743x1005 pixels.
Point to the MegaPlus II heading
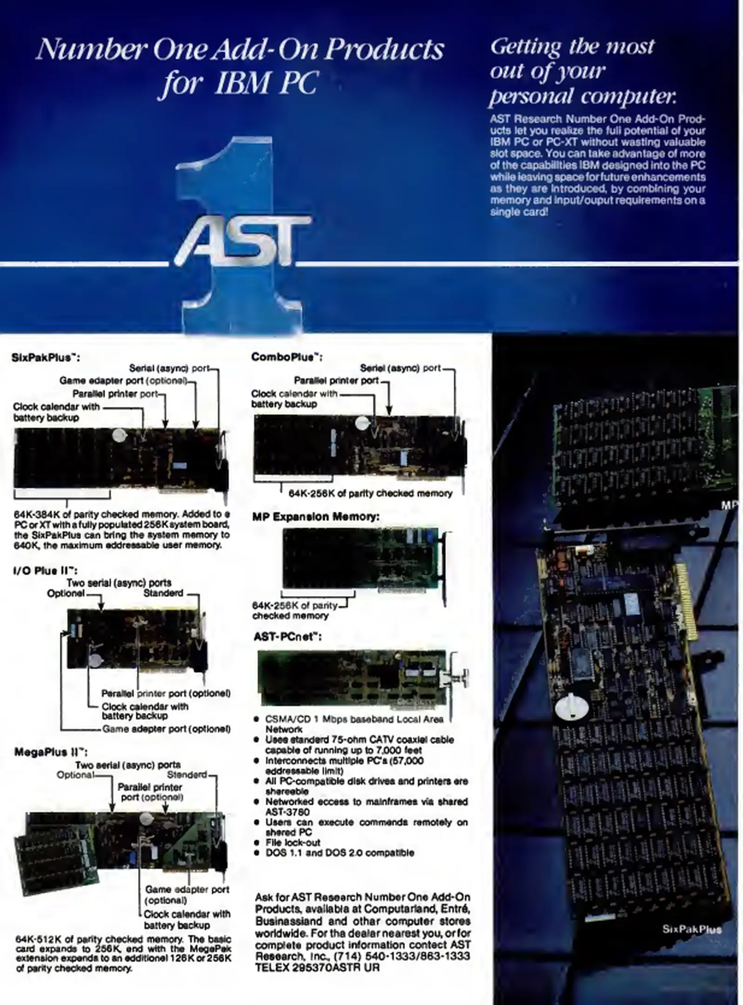[x=51, y=752]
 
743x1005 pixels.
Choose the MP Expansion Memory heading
[x=315, y=516]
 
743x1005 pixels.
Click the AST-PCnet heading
[x=287, y=636]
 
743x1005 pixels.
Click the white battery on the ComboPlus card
[x=363, y=423]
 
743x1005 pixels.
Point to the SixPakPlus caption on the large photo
[x=691, y=929]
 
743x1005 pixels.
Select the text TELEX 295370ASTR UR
[x=317, y=968]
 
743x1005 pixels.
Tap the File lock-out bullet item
[x=293, y=842]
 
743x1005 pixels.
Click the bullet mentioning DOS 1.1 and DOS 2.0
[x=339, y=853]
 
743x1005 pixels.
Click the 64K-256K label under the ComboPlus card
[x=370, y=494]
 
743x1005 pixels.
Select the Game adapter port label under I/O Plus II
[x=166, y=729]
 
